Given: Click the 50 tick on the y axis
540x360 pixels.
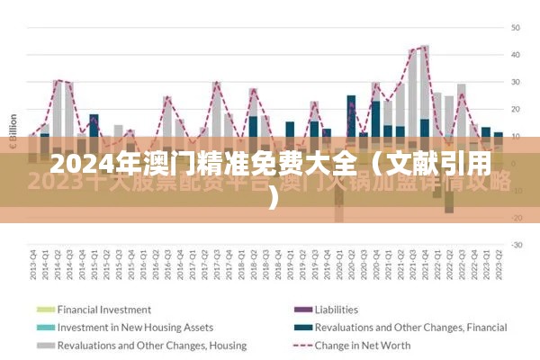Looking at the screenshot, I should click(x=516, y=27).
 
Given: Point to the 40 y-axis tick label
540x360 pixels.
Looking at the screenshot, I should click(x=516, y=55).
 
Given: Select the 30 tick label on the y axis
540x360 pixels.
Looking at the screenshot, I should click(x=516, y=82).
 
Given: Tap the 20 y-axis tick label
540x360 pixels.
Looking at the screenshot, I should click(x=516, y=109).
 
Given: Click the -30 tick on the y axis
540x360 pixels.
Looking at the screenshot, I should click(x=517, y=245).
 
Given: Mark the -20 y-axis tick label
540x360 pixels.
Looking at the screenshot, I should click(x=517, y=218).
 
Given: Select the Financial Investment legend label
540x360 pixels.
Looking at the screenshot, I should click(x=103, y=310).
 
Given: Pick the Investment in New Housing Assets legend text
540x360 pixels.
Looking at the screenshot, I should click(x=135, y=328).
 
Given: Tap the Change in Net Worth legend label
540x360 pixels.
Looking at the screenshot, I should click(x=364, y=345).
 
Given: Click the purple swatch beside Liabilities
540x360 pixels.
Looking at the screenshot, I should click(x=302, y=310).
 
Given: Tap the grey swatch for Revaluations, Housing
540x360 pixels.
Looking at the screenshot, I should click(x=44, y=345).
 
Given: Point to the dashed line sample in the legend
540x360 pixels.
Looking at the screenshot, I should click(x=302, y=345).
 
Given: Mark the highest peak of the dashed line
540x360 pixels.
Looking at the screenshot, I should click(x=424, y=46).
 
